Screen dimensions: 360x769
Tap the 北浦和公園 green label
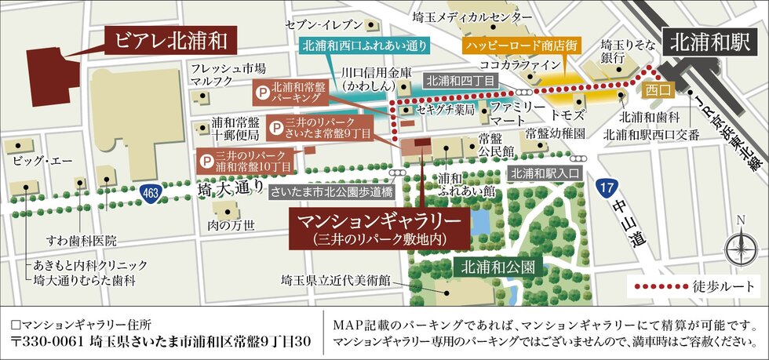coord(497,266)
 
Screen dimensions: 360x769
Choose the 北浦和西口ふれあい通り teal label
coord(364,45)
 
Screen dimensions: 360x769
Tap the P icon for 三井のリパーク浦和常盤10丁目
coord(206,162)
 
